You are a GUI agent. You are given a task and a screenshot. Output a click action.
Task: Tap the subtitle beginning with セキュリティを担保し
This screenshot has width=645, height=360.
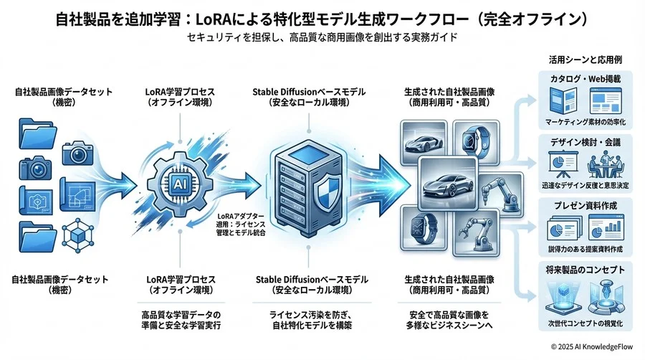322,36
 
